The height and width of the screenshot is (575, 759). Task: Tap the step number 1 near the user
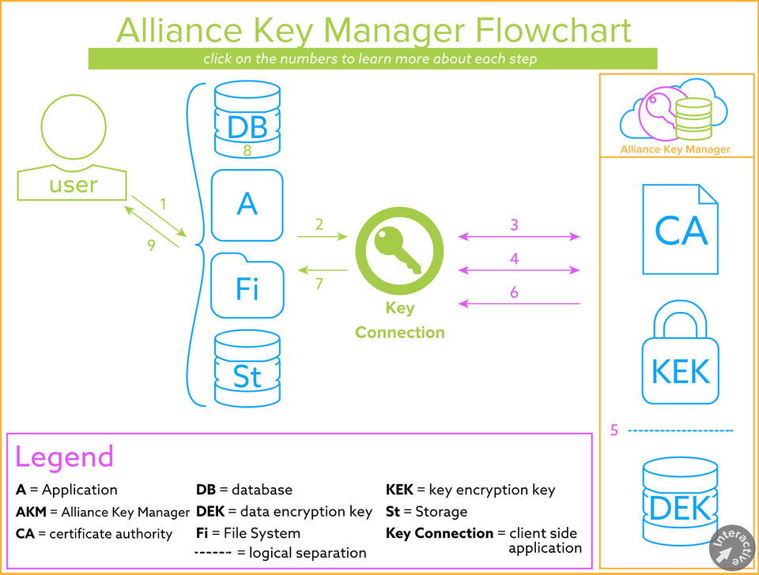tap(164, 204)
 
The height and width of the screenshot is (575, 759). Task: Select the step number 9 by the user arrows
tap(151, 246)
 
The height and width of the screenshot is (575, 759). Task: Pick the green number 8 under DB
tap(247, 150)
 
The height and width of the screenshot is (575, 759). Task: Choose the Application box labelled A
tap(247, 205)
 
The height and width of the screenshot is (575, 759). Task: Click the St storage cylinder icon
tap(247, 368)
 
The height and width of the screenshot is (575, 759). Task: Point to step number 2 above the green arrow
tap(319, 224)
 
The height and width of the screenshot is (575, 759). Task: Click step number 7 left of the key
tap(319, 284)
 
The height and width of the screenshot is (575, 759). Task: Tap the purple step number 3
tap(514, 225)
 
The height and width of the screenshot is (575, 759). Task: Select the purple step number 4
tap(514, 258)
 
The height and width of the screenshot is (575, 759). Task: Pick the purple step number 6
tap(514, 292)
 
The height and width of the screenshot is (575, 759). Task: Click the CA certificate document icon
tap(680, 229)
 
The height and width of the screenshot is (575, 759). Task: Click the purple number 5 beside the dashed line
tap(614, 430)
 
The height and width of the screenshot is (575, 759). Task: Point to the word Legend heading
tap(64, 457)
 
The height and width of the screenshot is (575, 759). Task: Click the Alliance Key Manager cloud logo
tap(675, 111)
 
